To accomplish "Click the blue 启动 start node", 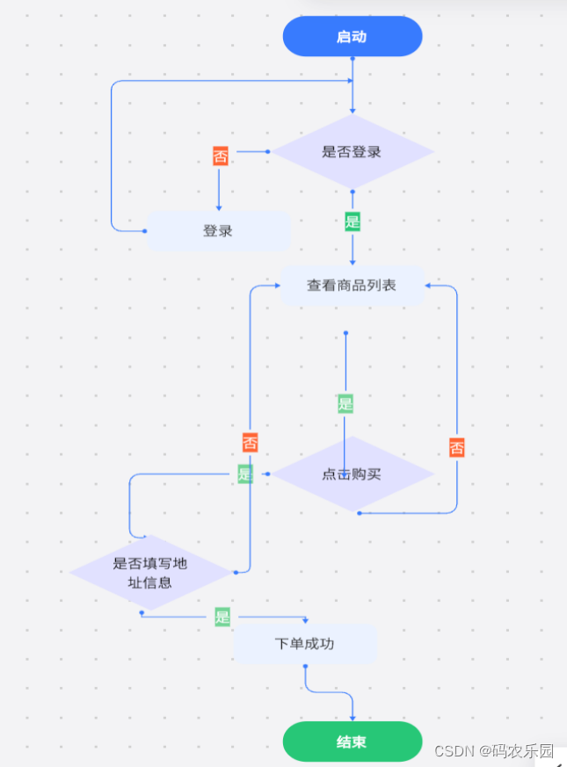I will [352, 37].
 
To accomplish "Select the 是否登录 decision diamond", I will [352, 151].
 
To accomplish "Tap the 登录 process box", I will [218, 231].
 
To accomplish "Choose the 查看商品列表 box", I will [352, 286].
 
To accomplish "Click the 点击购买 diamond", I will [352, 474].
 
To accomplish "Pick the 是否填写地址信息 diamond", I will [150, 573].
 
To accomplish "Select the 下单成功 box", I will [305, 644].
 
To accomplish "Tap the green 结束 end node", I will [352, 742].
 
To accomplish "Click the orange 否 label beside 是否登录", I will [220, 156].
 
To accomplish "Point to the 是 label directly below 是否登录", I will [353, 221].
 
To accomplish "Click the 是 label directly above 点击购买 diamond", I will [345, 404].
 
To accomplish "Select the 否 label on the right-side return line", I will [457, 448].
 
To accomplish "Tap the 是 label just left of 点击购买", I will [245, 474].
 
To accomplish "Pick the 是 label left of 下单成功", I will [222, 617].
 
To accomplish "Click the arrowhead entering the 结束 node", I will [353, 719].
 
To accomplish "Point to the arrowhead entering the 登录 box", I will [218, 206].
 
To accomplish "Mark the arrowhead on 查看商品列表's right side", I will [429, 286].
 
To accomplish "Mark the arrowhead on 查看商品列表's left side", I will [276, 286].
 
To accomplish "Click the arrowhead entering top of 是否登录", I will [353, 112].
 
